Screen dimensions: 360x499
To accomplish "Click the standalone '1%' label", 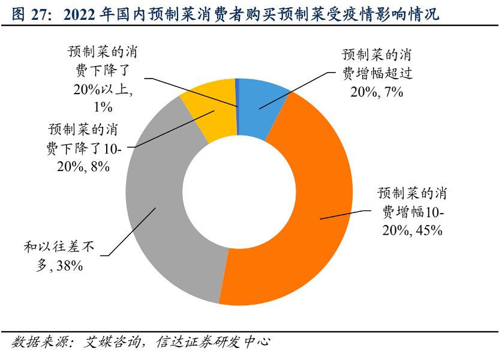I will [x=103, y=107].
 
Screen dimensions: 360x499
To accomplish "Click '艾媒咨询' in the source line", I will [x=112, y=344].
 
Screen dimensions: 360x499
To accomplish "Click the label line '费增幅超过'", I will [x=379, y=73].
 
